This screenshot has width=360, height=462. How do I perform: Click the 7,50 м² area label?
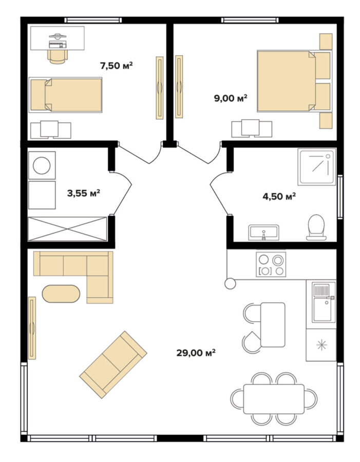click(x=117, y=65)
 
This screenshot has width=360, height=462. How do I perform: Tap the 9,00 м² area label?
click(x=231, y=98)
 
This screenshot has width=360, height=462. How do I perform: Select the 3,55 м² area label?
click(x=84, y=193)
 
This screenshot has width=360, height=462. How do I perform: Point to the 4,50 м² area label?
click(x=279, y=196)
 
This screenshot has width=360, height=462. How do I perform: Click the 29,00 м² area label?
click(x=196, y=352)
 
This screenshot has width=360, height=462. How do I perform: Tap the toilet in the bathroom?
click(x=316, y=227)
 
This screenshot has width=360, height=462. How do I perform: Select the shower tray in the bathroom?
click(x=317, y=167)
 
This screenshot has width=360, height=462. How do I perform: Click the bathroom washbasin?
click(x=263, y=232)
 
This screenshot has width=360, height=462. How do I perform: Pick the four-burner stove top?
click(x=271, y=264)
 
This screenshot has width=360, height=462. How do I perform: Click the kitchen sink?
click(x=324, y=302)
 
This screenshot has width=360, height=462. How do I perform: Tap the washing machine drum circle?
click(x=42, y=166)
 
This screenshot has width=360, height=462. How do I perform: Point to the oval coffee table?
click(x=61, y=294)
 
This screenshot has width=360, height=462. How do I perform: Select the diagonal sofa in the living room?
click(x=113, y=364)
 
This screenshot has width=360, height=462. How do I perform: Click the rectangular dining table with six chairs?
click(x=274, y=399)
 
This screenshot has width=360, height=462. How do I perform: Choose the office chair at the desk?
click(x=58, y=56)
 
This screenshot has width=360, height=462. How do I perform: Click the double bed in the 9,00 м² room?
click(x=294, y=81)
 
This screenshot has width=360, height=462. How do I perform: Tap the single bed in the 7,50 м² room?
click(x=66, y=95)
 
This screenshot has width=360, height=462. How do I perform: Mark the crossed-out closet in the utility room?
click(x=67, y=229)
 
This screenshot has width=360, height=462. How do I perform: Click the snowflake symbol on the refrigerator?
click(x=321, y=345)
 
